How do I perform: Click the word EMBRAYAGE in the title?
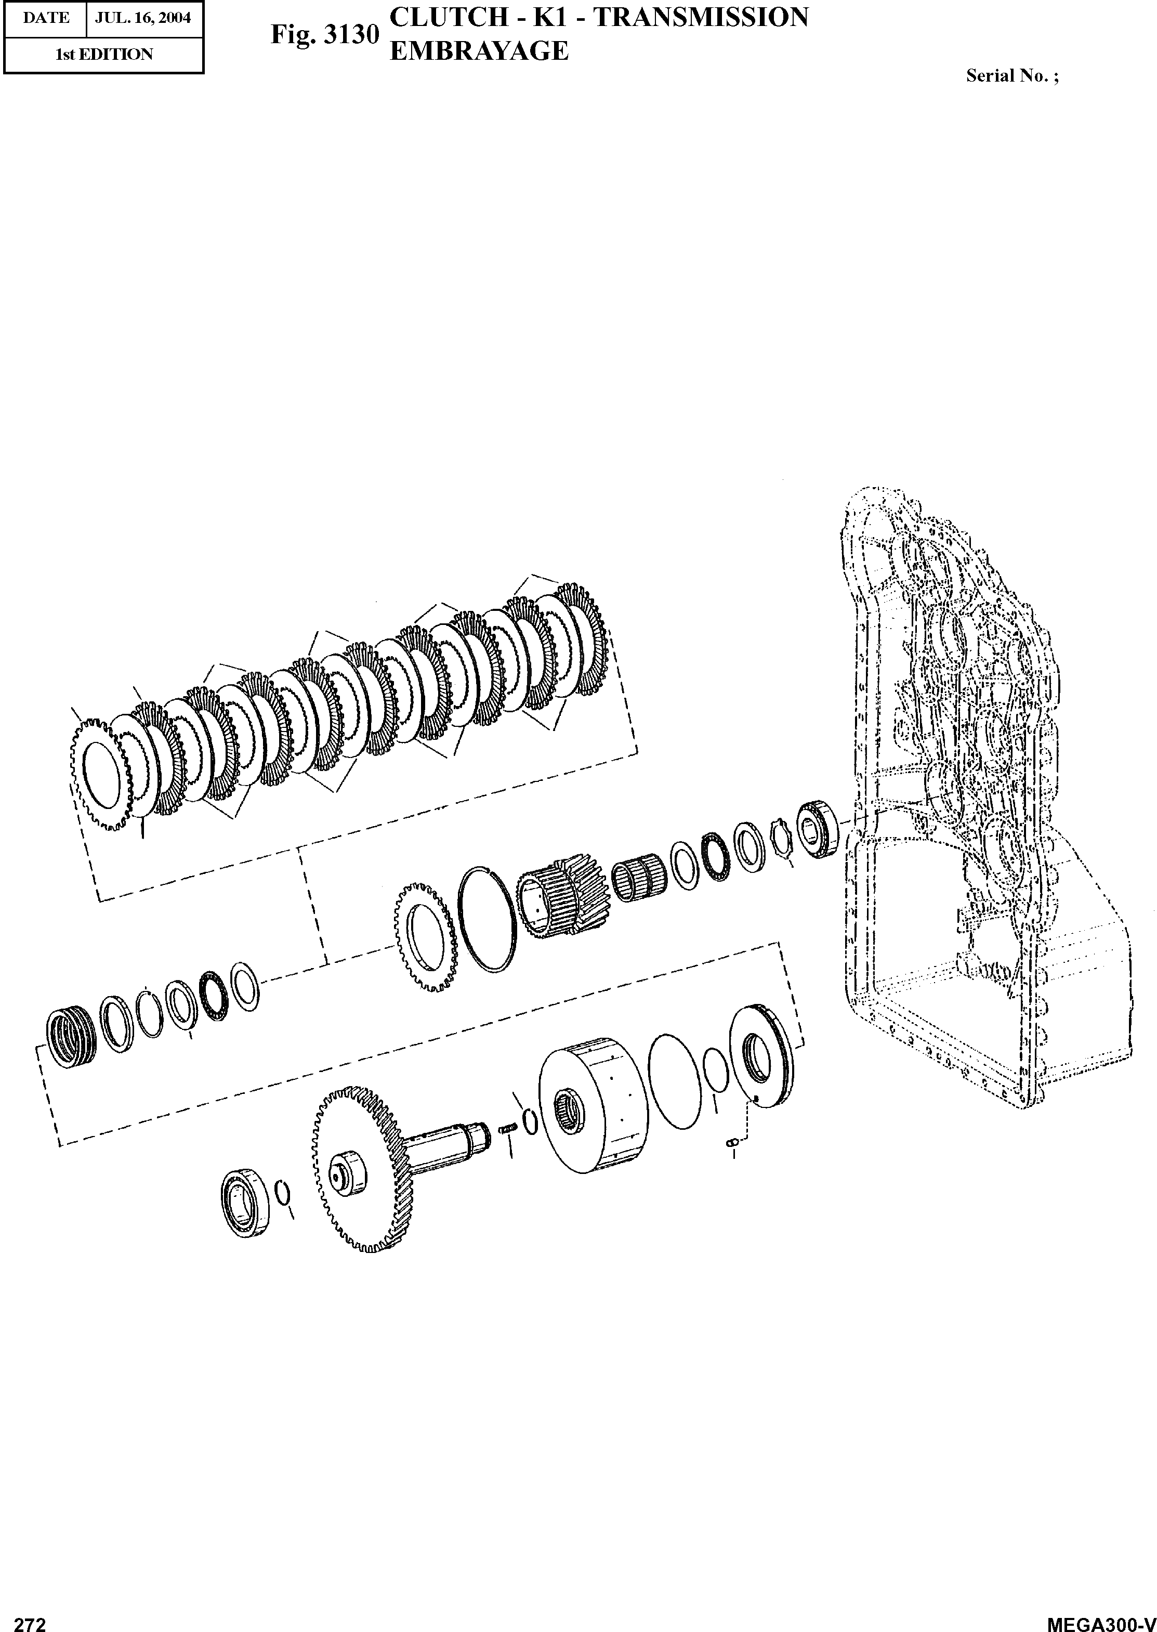pyautogui.click(x=479, y=50)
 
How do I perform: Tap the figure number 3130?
pyautogui.click(x=350, y=35)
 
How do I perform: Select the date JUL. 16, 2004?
pyautogui.click(x=143, y=18)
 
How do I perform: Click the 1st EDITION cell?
pyautogui.click(x=104, y=54)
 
